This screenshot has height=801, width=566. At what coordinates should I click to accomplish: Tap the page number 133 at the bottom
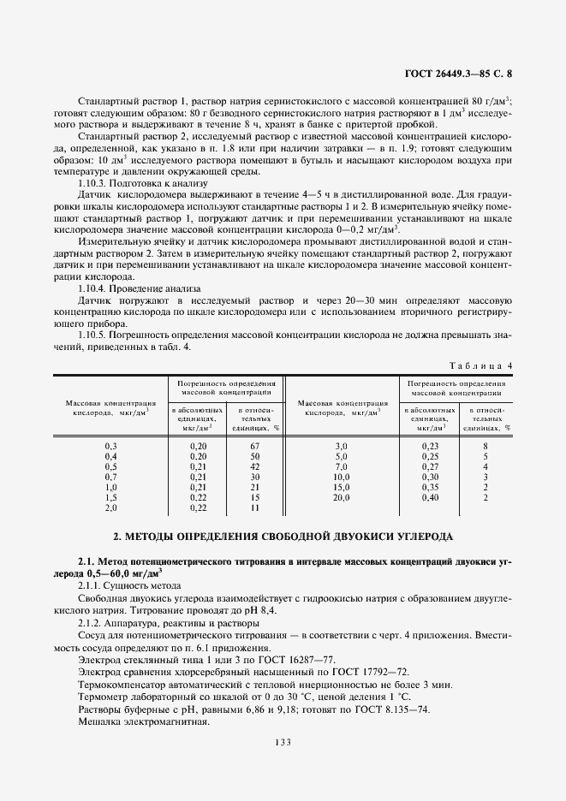click(x=283, y=742)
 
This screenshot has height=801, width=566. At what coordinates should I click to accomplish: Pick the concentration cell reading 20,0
click(x=342, y=497)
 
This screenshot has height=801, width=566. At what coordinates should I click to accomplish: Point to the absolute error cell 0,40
click(x=430, y=497)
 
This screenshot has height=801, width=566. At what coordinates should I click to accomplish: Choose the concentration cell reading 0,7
click(x=110, y=477)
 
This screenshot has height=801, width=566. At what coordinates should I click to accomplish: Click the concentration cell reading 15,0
click(x=342, y=487)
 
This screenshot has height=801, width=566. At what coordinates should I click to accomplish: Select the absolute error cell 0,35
click(x=430, y=487)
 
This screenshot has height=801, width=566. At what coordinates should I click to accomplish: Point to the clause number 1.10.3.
click(x=93, y=183)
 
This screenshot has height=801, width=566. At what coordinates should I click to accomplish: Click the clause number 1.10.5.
click(x=93, y=334)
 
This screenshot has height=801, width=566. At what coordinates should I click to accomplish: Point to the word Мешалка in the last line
click(x=102, y=722)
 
